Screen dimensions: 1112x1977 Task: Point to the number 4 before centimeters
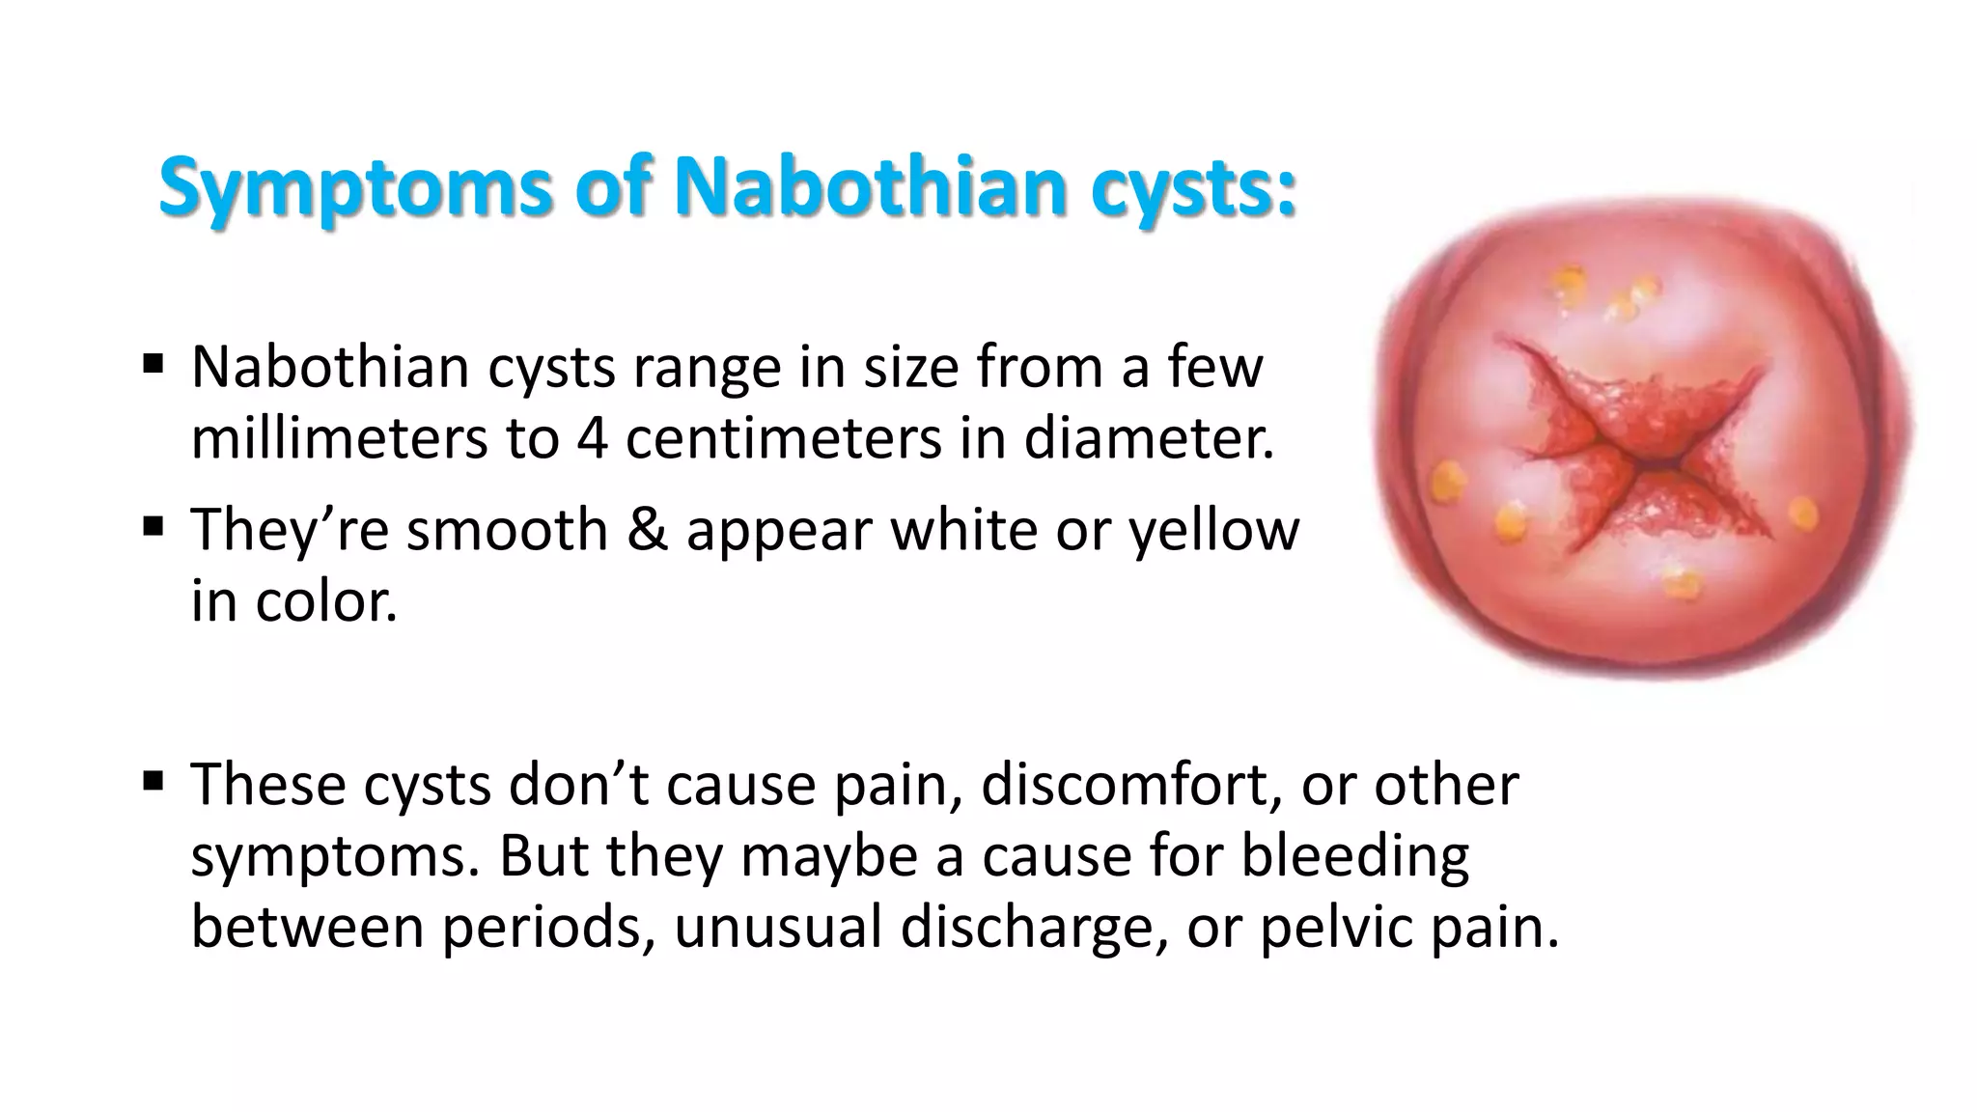pyautogui.click(x=592, y=439)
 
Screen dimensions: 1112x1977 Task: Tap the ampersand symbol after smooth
pyautogui.click(x=647, y=530)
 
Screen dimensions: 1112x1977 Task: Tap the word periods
pyautogui.click(x=542, y=927)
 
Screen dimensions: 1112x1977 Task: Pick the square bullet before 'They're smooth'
pyautogui.click(x=153, y=527)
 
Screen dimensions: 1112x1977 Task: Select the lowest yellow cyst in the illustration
pyautogui.click(x=1682, y=582)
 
